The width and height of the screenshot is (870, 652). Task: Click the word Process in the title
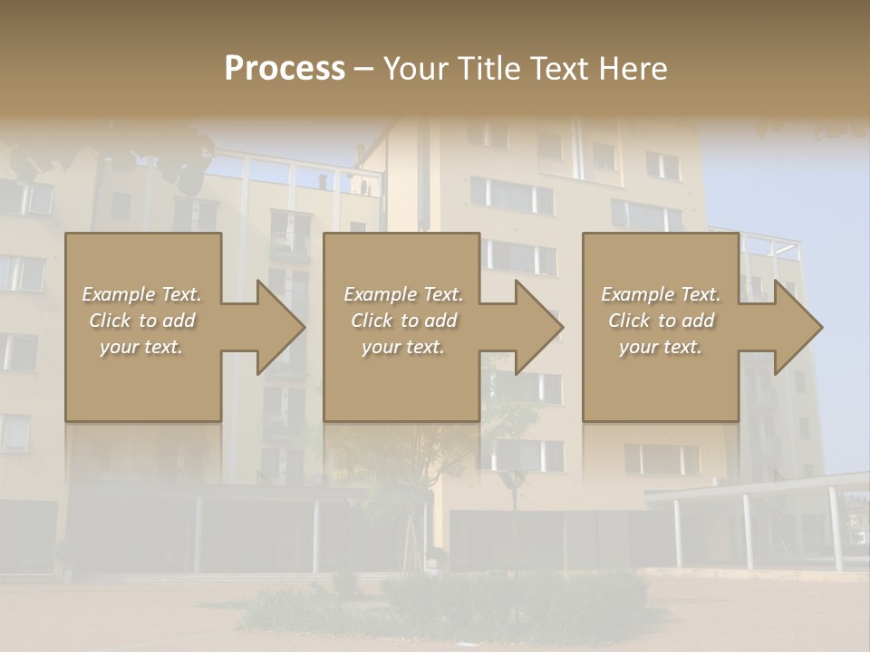coord(285,69)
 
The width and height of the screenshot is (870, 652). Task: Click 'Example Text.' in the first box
coord(141,294)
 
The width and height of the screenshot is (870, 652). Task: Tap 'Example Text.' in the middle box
coord(402,294)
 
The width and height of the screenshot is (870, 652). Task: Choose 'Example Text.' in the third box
coord(661,294)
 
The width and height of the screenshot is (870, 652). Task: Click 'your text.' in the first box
coord(141,347)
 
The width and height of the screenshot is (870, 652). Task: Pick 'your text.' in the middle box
coord(402,347)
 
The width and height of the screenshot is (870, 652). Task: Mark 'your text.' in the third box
coord(661,347)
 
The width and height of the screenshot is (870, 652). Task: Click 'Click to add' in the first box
coord(141,321)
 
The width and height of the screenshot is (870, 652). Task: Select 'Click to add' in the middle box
coord(402,321)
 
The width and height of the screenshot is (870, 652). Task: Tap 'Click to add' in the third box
coord(661,321)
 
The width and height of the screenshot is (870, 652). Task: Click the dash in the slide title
coord(363,69)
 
